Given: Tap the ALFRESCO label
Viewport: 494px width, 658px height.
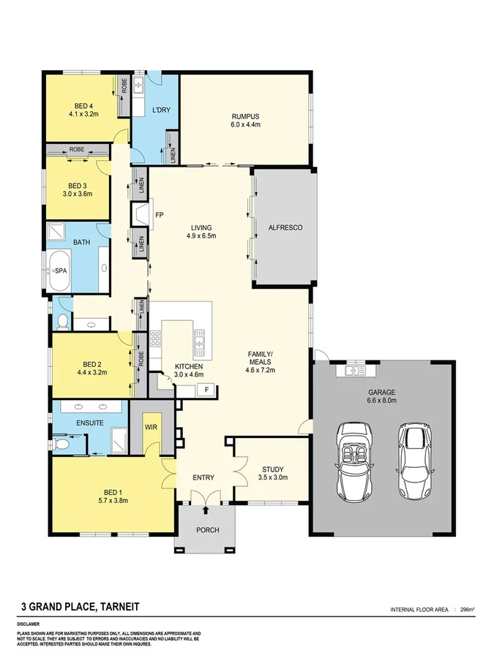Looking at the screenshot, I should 285,227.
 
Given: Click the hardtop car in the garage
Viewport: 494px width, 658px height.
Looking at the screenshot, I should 413,462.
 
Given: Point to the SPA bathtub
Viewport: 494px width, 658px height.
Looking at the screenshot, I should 61,270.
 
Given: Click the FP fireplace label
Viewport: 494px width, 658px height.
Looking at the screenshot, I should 159,215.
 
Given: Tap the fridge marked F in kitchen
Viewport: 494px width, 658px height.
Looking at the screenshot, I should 207,390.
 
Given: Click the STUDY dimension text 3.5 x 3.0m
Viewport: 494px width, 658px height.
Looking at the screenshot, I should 273,477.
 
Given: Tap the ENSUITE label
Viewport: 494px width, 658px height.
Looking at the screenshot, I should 89,423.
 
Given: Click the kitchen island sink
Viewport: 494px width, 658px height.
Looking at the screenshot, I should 198,340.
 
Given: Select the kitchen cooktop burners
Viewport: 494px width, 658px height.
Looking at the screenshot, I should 155,339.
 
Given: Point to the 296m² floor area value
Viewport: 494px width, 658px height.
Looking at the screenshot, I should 466,609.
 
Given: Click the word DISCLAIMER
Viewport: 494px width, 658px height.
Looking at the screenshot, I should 31,624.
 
